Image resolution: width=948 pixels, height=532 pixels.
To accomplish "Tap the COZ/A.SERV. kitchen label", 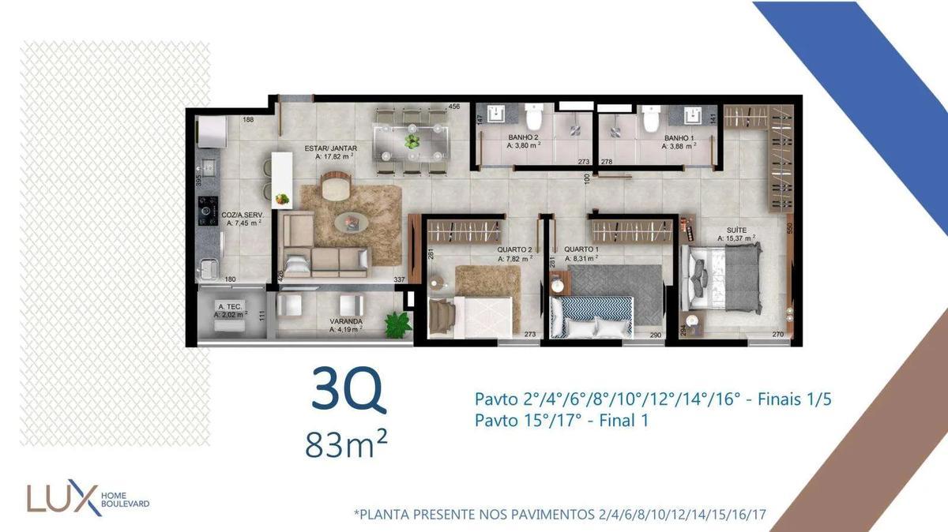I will [x=241, y=214].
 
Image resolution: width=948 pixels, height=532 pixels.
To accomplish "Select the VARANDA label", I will [x=346, y=321].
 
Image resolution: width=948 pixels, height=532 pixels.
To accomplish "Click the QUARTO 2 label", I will [x=513, y=249].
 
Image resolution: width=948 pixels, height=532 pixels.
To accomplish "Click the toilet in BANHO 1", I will [x=651, y=118].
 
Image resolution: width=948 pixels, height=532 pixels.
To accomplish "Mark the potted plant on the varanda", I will [x=398, y=323].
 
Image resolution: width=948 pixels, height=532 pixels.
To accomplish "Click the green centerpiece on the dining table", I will [x=412, y=141].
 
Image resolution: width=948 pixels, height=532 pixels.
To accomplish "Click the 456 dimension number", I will [x=453, y=107].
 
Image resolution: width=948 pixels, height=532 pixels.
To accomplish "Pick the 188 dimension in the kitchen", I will [x=248, y=120].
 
